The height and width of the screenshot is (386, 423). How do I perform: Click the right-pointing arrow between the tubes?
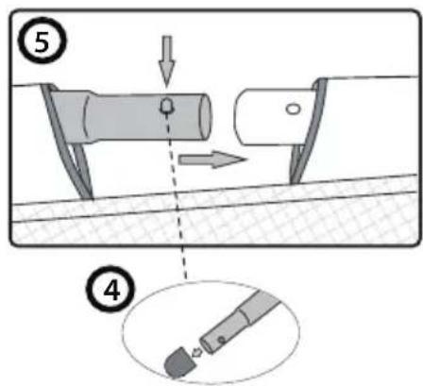pos(206,158)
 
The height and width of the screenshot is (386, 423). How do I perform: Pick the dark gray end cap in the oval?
pos(176,359)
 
